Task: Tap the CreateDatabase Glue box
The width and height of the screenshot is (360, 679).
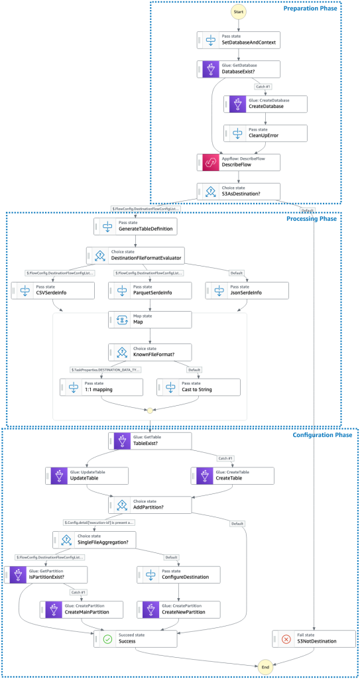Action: (266, 103)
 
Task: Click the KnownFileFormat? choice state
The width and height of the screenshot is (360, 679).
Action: (150, 351)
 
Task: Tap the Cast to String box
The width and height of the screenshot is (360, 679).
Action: (198, 387)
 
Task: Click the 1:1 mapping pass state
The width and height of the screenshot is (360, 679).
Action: (101, 387)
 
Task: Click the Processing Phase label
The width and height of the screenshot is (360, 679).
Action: (311, 218)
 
